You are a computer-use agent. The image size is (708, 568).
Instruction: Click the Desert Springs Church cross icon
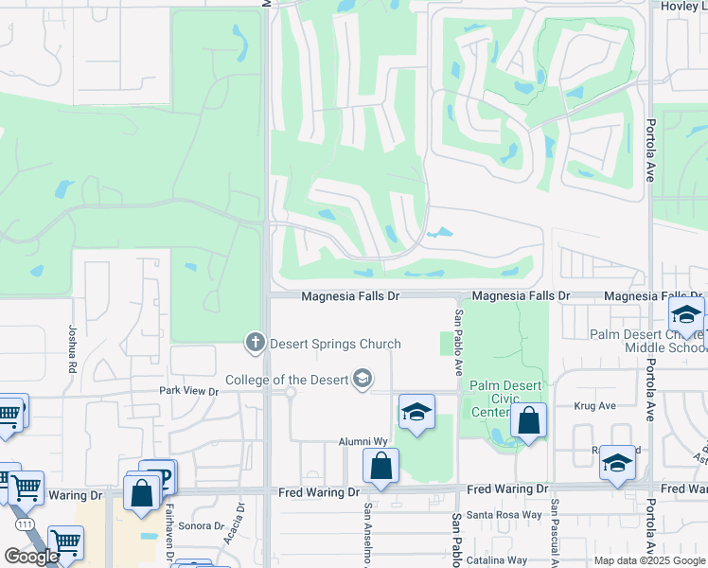254,343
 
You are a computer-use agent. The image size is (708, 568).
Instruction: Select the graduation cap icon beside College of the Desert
361,381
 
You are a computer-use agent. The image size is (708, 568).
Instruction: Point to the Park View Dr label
188,390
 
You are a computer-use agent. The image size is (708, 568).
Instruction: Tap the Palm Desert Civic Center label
491,399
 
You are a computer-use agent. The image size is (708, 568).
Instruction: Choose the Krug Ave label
594,405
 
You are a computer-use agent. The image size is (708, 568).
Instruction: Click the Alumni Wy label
364,441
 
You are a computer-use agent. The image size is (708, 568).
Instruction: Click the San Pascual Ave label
556,530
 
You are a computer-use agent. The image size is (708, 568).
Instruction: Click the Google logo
31,557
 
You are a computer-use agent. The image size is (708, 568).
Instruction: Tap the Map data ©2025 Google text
648,560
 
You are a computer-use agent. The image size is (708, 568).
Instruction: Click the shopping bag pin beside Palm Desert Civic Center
529,420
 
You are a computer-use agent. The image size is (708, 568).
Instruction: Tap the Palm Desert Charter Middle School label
647,341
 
